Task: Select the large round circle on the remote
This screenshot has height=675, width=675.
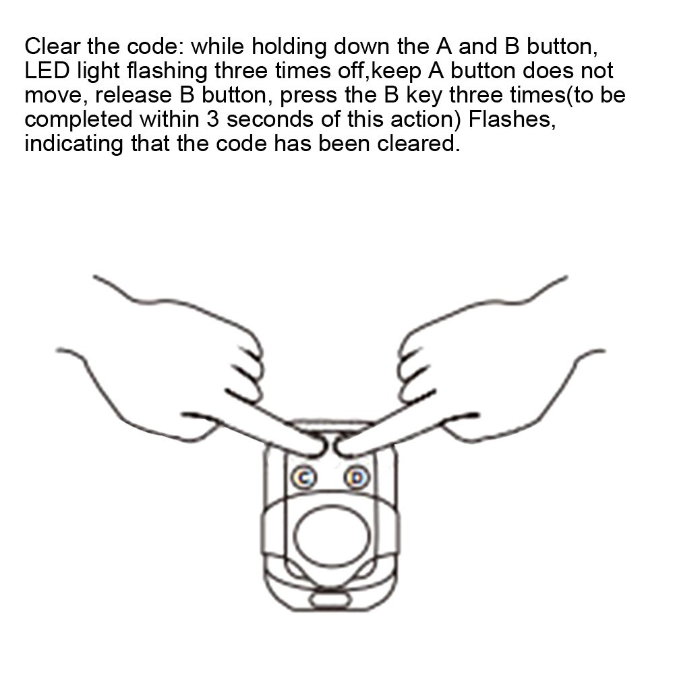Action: click(x=332, y=536)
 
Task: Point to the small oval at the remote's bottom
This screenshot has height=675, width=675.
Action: click(x=331, y=599)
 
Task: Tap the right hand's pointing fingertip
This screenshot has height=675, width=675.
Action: click(x=341, y=448)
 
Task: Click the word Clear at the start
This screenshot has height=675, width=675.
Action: click(x=53, y=46)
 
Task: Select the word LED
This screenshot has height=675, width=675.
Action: click(x=47, y=71)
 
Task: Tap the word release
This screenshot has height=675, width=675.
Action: click(x=133, y=95)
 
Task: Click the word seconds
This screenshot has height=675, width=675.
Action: click(x=270, y=119)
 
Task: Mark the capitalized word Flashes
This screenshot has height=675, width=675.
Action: click(x=512, y=119)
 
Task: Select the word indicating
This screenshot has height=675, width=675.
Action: click(x=74, y=144)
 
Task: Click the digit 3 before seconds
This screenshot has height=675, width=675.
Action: click(x=212, y=119)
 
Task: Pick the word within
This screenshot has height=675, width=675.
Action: click(x=169, y=119)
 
